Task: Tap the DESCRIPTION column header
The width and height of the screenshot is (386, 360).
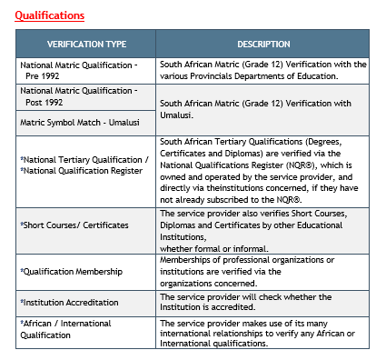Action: [x=263, y=44]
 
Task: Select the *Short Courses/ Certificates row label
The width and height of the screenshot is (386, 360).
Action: [x=74, y=224]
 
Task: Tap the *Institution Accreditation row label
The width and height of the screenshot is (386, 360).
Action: [x=71, y=301]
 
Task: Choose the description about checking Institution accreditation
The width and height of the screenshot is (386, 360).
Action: [x=245, y=302]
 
